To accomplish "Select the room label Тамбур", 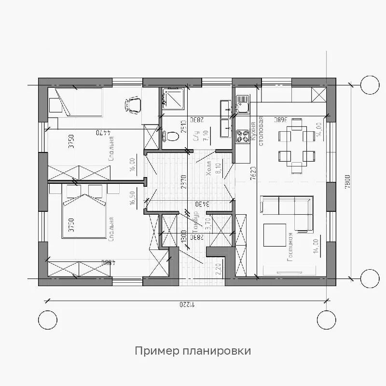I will (x=195, y=223).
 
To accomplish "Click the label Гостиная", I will (x=290, y=247).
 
